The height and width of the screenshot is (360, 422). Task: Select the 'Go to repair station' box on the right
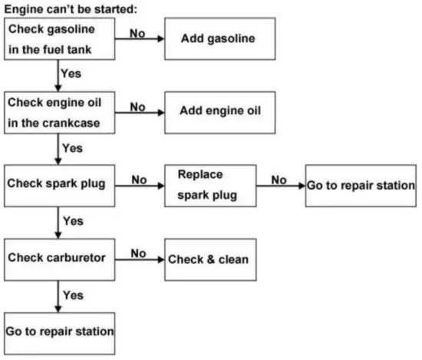[x=361, y=185]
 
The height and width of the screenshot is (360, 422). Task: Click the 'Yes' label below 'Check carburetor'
[x=74, y=295]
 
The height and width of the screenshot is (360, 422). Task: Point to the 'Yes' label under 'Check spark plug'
[x=74, y=221]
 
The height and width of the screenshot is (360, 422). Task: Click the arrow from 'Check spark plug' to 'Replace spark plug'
[x=140, y=185]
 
